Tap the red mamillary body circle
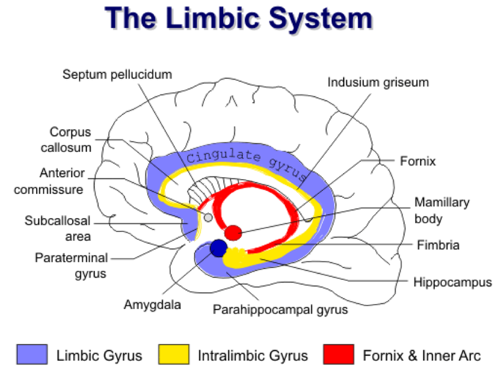point(233,233)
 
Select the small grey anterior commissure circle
point(208,218)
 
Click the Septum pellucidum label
point(117,75)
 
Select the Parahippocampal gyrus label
point(280,308)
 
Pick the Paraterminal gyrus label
point(73,265)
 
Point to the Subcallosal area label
point(58,228)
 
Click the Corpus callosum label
point(70,140)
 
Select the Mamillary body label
point(442,210)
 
